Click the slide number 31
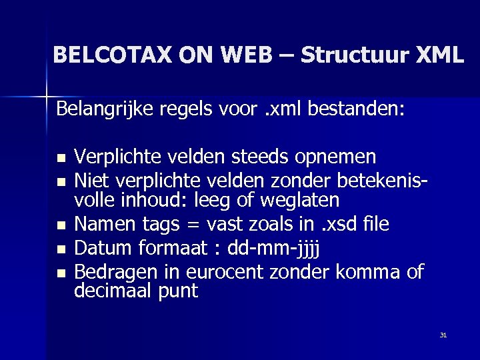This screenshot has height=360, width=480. click(443, 335)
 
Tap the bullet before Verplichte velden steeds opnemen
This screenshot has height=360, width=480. click(62, 159)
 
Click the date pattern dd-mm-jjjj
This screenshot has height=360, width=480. click(274, 249)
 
